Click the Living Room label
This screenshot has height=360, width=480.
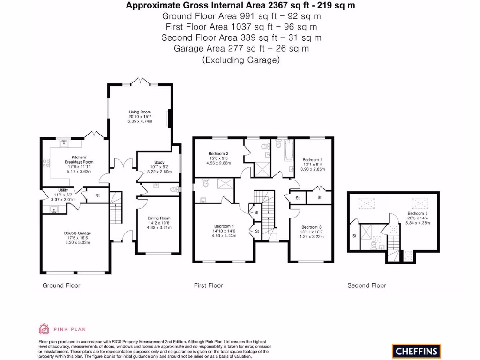coord(140,112)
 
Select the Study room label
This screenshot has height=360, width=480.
coord(159,163)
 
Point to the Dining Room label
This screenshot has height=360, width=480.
coord(159,218)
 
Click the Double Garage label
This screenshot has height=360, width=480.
coord(77,233)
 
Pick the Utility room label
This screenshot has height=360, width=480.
coord(63,190)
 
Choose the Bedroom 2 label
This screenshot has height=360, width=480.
coord(218,154)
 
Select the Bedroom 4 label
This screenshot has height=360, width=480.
coord(312,160)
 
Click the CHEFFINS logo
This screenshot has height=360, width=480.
coord(417,350)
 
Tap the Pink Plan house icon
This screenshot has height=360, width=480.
coord(44,329)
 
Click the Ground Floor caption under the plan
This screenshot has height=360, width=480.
coord(61,285)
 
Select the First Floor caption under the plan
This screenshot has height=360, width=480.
coord(209,285)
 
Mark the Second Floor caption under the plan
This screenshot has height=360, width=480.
coord(367,285)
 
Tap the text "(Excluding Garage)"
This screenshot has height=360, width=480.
coord(241,60)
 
